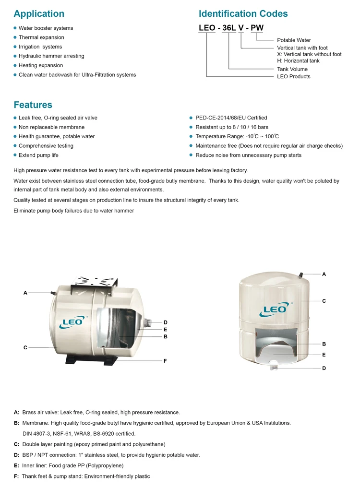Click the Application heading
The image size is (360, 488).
coord(39,14)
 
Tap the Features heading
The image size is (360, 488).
coord(33,105)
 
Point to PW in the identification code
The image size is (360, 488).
coord(257,28)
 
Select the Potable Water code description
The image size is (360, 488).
coord(294,40)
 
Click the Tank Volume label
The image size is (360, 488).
coord(292,70)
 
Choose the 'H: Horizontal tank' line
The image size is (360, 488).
coord(298,61)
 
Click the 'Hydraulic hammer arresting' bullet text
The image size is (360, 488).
coord(51,56)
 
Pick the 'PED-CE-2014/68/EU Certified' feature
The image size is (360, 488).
coord(231,118)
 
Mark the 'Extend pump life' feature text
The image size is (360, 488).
coord(38,155)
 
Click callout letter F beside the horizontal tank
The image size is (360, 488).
coord(165,361)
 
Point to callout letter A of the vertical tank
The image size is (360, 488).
coord(324,274)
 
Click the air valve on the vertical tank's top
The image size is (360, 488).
coord(300,274)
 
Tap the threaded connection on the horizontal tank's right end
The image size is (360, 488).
coord(149,321)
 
